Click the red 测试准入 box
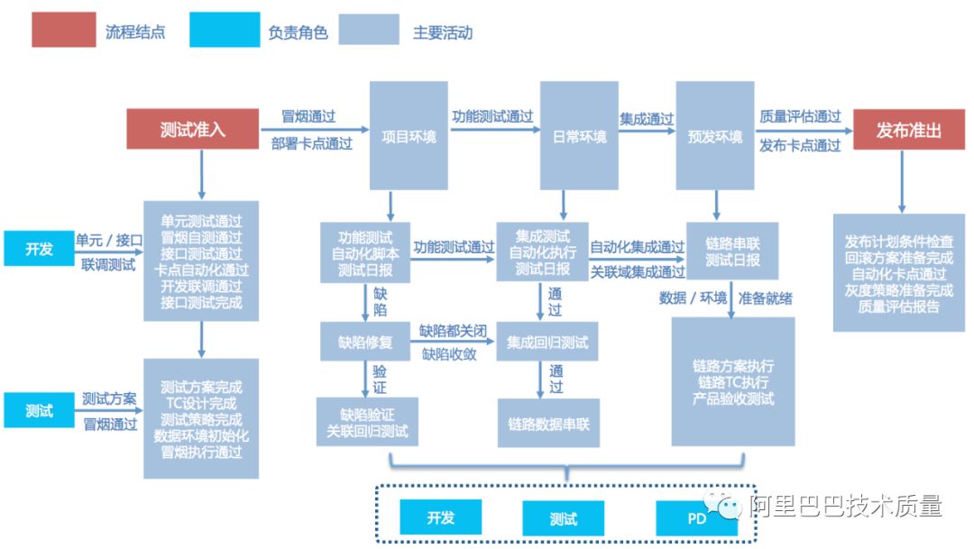coord(192,130)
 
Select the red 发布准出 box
coord(908,130)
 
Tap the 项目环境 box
coord(409,136)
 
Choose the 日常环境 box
coord(578,136)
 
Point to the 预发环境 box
coord(714,136)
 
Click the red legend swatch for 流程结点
coord(64,31)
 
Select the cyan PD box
coord(696,519)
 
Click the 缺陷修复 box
coord(365,342)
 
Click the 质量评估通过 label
coord(800,116)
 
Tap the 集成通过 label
coord(647,118)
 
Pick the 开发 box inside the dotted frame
coord(440,518)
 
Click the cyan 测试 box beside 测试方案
coord(39,411)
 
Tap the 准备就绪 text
coord(766,297)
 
